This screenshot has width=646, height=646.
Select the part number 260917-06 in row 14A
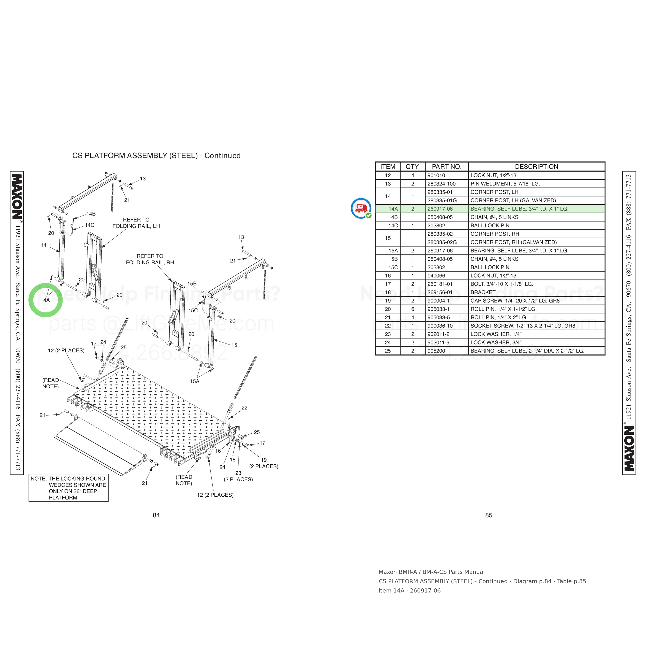(440, 209)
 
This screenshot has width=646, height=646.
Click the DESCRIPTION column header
(536, 166)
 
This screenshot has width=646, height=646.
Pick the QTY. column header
(413, 166)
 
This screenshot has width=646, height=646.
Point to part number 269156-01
(440, 292)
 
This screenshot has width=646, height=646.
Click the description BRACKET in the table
(483, 292)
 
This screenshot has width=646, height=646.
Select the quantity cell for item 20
(413, 309)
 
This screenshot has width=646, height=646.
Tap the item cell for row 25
(388, 351)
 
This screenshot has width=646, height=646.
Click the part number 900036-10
(440, 326)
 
